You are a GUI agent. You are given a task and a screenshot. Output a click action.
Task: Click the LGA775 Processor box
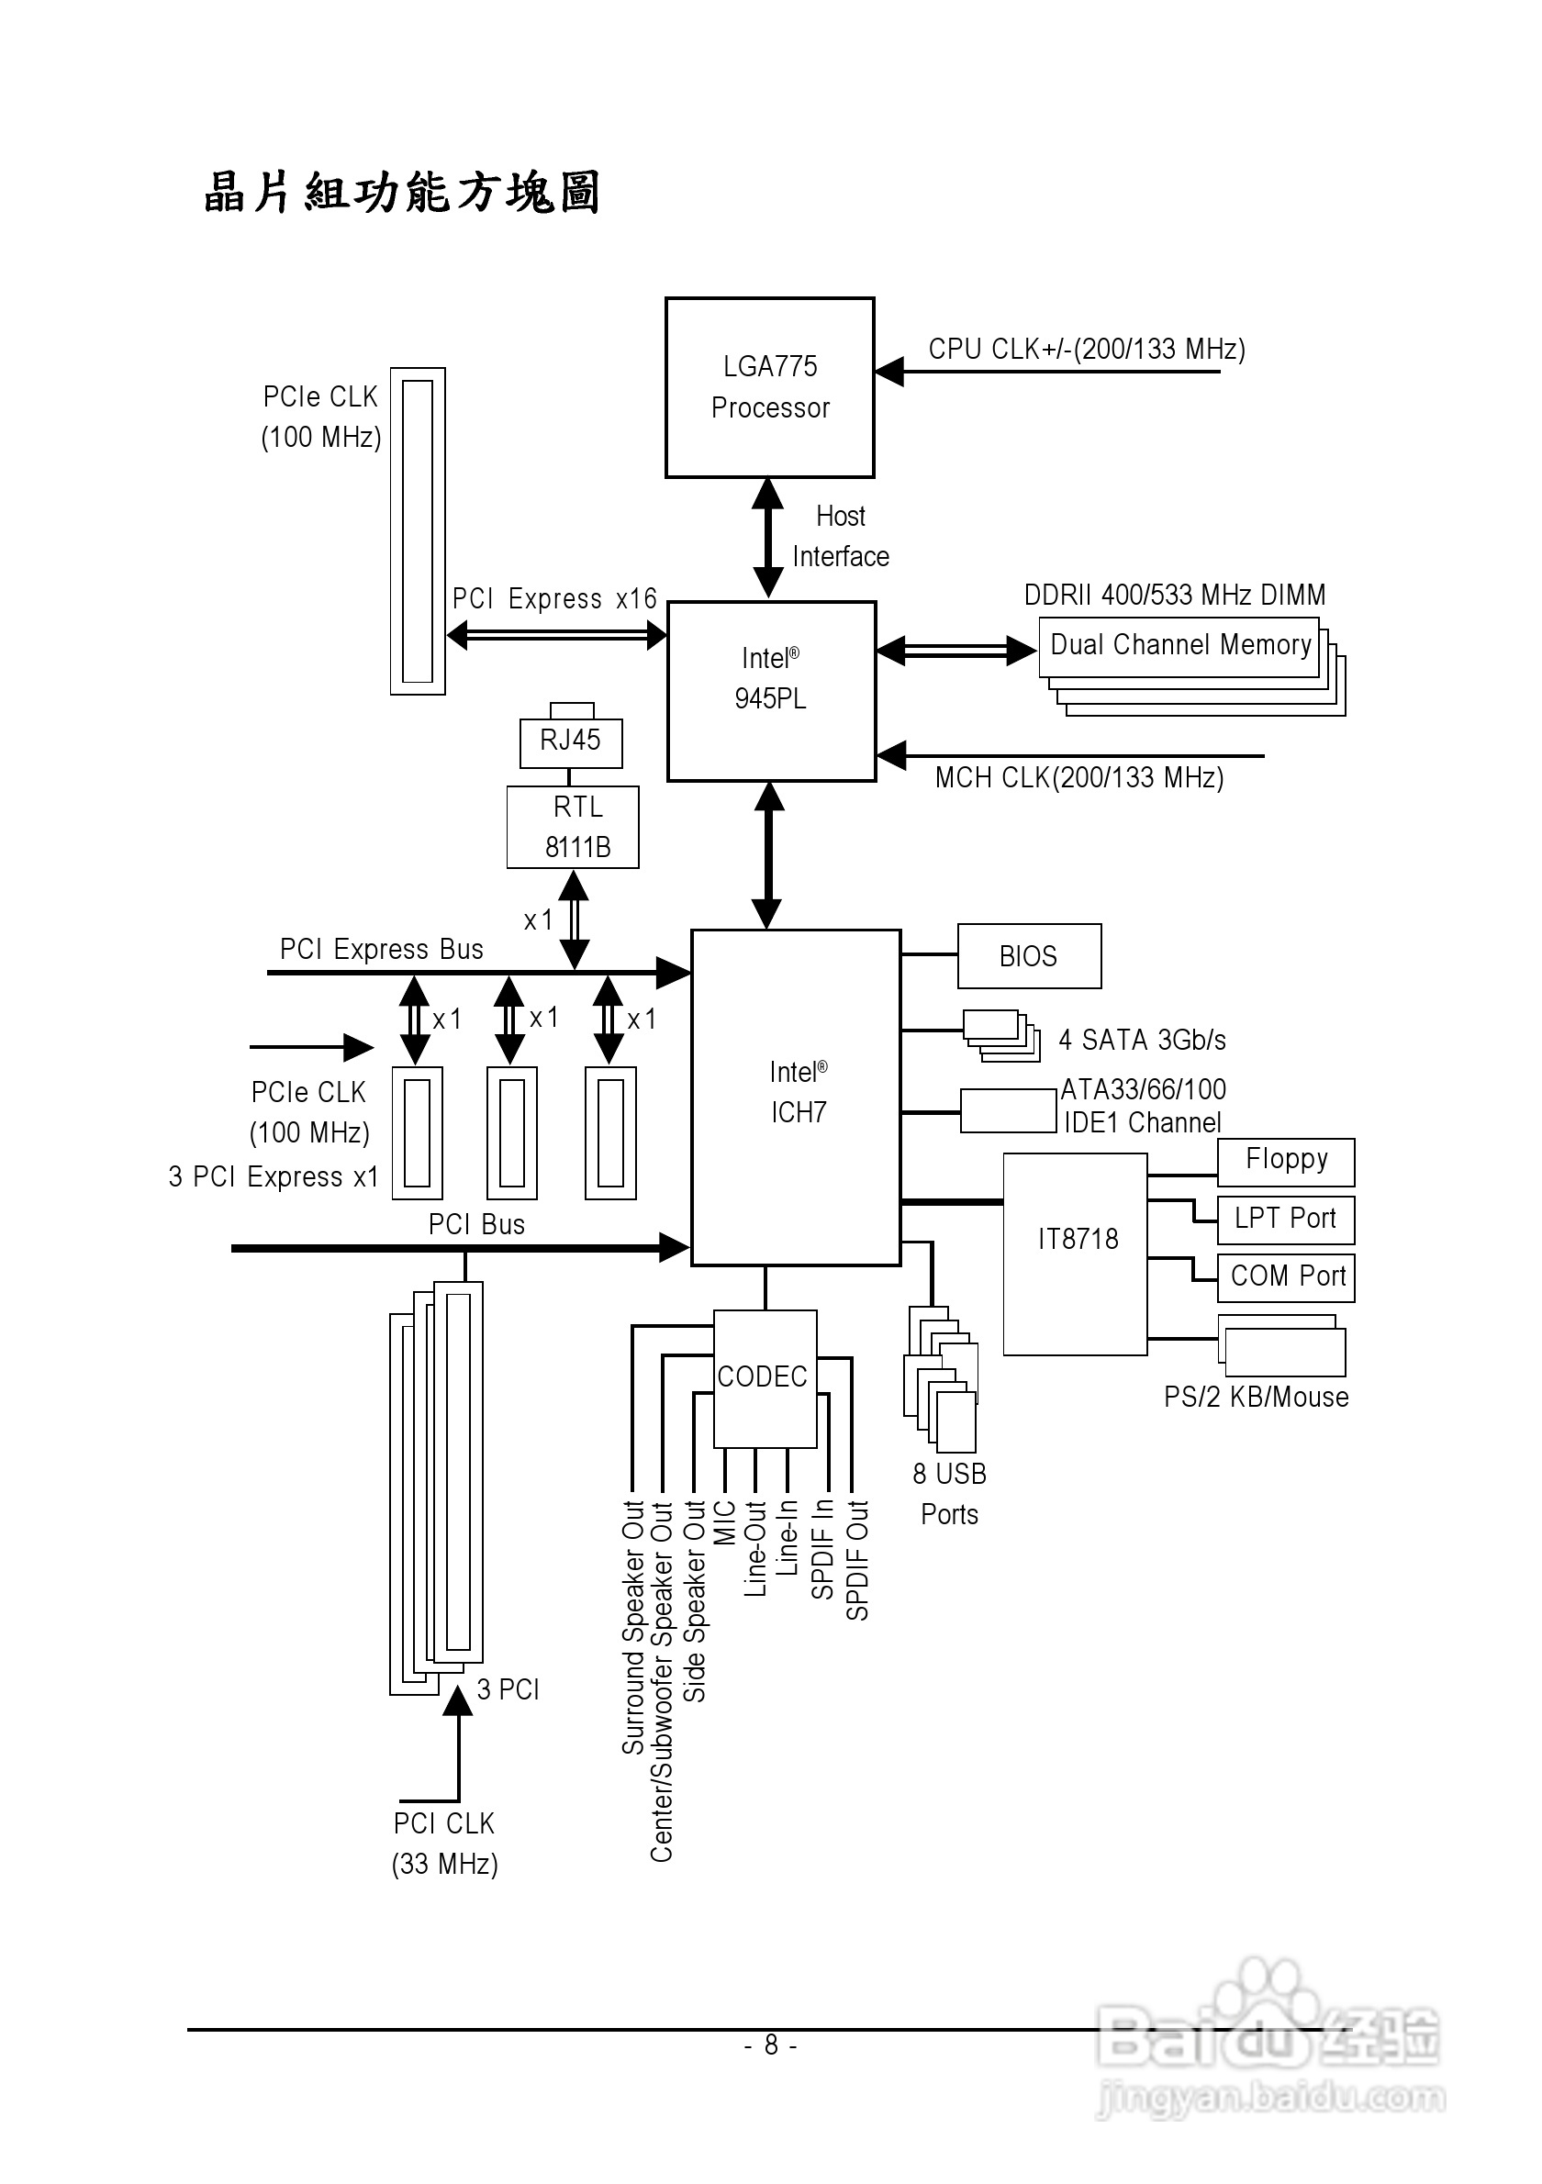(x=769, y=387)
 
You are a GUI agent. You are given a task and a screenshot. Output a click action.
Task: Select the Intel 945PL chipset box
(x=770, y=691)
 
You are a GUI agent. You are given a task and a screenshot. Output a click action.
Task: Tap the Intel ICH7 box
(x=796, y=1097)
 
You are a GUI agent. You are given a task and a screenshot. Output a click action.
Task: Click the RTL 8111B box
(x=573, y=827)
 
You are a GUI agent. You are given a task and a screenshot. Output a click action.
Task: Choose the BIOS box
(x=1028, y=956)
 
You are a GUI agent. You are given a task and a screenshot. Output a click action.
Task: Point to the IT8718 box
(x=1076, y=1253)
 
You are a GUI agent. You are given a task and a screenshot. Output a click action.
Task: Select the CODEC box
(x=765, y=1378)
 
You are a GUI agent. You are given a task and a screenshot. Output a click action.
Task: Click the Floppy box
(x=1286, y=1162)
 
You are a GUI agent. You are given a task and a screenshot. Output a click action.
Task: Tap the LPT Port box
(x=1286, y=1220)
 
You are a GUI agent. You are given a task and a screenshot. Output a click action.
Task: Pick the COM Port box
(x=1286, y=1277)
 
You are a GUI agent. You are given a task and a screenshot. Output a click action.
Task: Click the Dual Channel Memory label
(x=1179, y=646)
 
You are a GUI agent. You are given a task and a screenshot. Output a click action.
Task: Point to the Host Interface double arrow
(x=767, y=539)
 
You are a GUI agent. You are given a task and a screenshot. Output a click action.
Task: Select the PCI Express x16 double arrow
(x=556, y=634)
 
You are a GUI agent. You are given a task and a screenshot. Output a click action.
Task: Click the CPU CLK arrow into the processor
(x=1046, y=371)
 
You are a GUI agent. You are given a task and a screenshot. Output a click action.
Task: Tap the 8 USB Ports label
(x=949, y=1493)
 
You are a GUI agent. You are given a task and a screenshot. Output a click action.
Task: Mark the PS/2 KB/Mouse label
(x=1256, y=1398)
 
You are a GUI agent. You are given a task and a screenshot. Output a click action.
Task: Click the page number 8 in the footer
(x=770, y=2045)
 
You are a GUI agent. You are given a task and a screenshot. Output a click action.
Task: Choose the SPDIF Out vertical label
(x=857, y=1560)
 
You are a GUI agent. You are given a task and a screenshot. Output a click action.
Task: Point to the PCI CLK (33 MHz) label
(x=444, y=1844)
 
